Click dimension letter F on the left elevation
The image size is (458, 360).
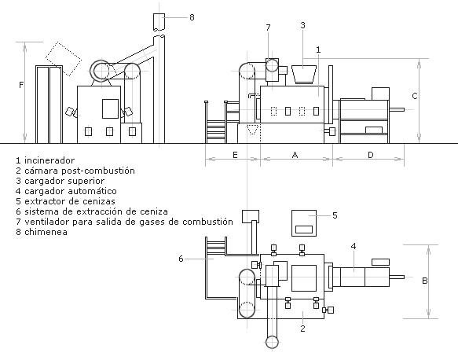click(21, 85)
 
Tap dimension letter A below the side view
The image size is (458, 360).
click(295, 155)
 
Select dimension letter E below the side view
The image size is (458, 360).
click(235, 155)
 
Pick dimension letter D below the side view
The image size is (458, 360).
click(370, 155)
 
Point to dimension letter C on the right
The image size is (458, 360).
click(415, 96)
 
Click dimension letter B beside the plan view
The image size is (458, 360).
click(425, 281)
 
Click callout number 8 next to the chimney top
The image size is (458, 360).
click(192, 17)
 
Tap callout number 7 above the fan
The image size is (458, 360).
click(268, 28)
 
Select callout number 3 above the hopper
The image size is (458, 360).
click(303, 25)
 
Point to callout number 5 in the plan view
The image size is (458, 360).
click(335, 215)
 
